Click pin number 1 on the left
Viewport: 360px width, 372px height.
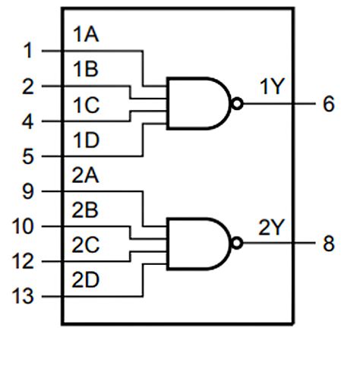(x=28, y=52)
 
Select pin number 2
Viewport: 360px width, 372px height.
(x=28, y=87)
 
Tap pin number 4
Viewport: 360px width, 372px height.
(x=28, y=121)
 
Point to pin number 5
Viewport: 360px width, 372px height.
(x=28, y=157)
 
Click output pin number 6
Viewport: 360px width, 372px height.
(x=328, y=105)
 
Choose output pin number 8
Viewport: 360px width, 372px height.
(x=328, y=244)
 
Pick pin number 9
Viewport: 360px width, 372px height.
(x=28, y=191)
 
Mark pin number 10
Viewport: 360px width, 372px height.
(x=22, y=226)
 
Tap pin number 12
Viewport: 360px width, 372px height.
(x=22, y=262)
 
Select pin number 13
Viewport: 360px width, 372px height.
(x=22, y=297)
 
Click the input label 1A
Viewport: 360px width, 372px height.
(x=86, y=35)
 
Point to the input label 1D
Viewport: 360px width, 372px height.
(x=86, y=140)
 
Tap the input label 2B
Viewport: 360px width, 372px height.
(x=86, y=210)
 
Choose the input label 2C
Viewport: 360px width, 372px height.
(x=86, y=244)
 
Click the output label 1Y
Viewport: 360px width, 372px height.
(x=271, y=87)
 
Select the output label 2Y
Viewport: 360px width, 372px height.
(x=271, y=226)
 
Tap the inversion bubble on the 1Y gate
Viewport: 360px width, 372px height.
(x=238, y=105)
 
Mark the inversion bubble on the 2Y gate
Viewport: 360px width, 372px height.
(x=238, y=244)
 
